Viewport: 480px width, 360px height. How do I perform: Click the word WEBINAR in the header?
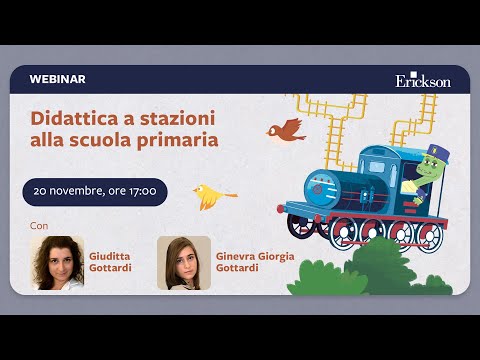pos(58,78)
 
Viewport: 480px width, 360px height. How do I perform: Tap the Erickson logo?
pos(422,79)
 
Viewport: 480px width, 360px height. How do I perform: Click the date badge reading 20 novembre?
pos(95,191)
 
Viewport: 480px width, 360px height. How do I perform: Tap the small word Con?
pos(39,225)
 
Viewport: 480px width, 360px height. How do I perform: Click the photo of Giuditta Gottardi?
pos(57,262)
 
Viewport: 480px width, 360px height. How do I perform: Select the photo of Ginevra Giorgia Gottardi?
pos(183,262)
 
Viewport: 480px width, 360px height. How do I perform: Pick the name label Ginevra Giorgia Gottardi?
pos(255,262)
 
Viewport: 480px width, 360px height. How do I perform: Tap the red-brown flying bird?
pos(287,128)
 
